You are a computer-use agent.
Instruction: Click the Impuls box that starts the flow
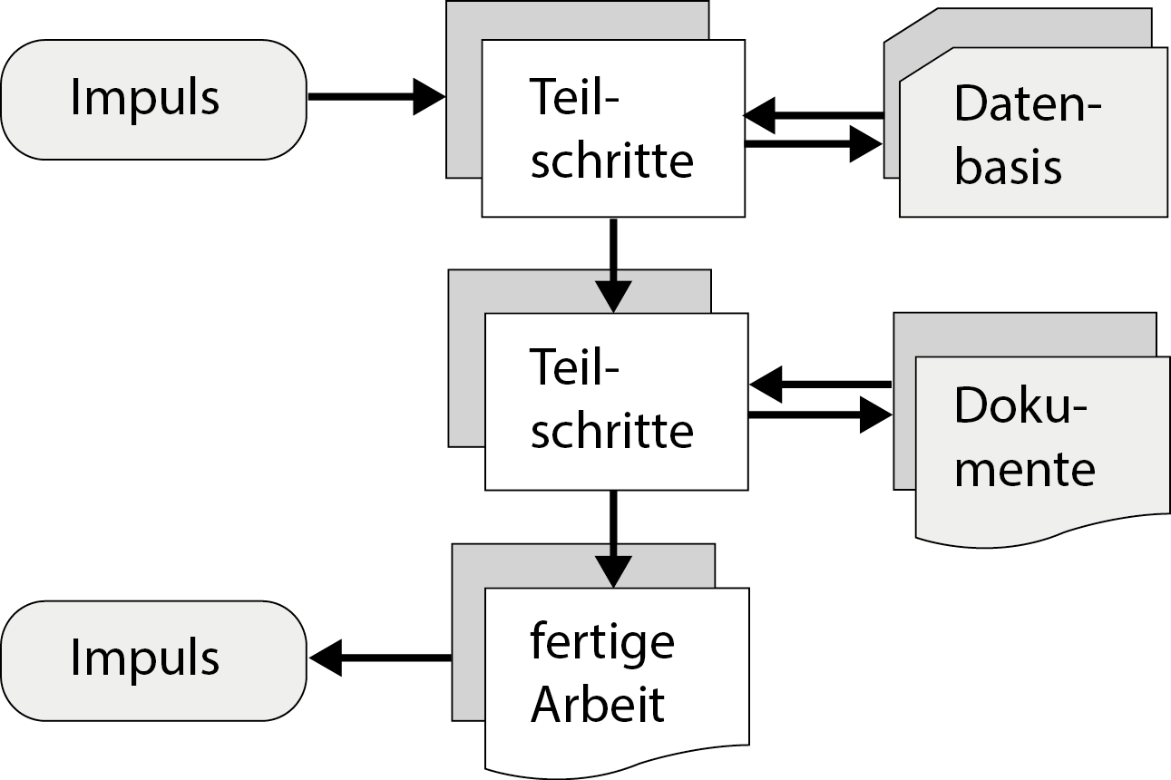click(153, 99)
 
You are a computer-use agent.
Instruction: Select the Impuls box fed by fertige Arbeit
click(153, 659)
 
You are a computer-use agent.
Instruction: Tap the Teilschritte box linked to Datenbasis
click(612, 129)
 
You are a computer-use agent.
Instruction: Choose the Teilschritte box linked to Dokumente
click(615, 401)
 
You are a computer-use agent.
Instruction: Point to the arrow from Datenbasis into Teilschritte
click(813, 115)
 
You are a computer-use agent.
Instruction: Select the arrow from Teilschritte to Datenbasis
click(813, 143)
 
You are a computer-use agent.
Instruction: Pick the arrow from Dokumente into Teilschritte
click(820, 385)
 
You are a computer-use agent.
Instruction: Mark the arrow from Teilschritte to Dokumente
click(820, 415)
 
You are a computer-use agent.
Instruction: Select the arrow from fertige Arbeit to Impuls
click(380, 658)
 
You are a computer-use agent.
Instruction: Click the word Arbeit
click(598, 706)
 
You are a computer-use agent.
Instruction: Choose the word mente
click(1025, 470)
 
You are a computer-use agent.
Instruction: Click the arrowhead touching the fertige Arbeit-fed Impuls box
click(325, 658)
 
